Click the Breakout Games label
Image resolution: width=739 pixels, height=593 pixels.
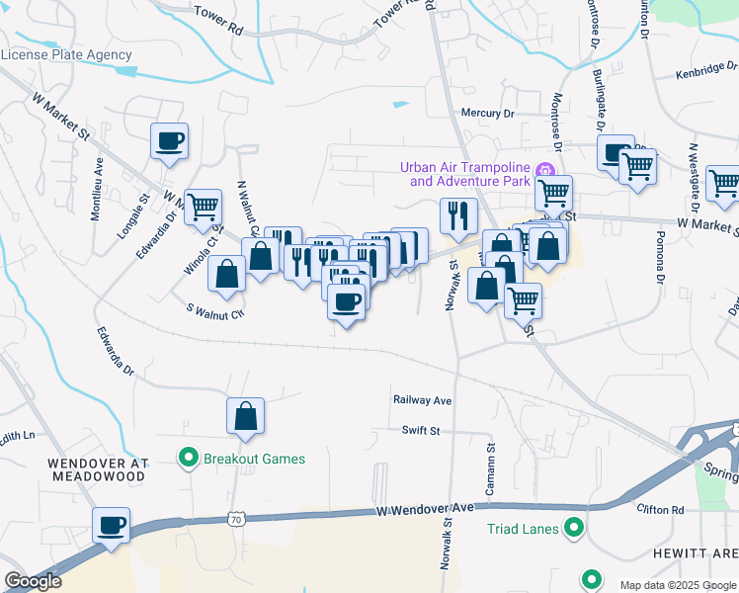[254, 459]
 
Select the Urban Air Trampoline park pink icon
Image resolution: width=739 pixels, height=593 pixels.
[543, 174]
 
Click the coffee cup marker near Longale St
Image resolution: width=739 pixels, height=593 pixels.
[169, 140]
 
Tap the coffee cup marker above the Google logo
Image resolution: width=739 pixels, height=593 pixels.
[112, 525]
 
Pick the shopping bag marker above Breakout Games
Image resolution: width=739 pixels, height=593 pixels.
[246, 416]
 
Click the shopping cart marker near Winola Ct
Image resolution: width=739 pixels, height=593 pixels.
[203, 207]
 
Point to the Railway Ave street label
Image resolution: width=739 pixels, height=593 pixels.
[422, 400]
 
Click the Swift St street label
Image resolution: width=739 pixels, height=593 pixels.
[421, 431]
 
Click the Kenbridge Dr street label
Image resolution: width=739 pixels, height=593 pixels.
[707, 74]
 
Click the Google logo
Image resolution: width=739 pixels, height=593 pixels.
[34, 581]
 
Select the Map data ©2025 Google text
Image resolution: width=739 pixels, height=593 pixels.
[676, 585]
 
